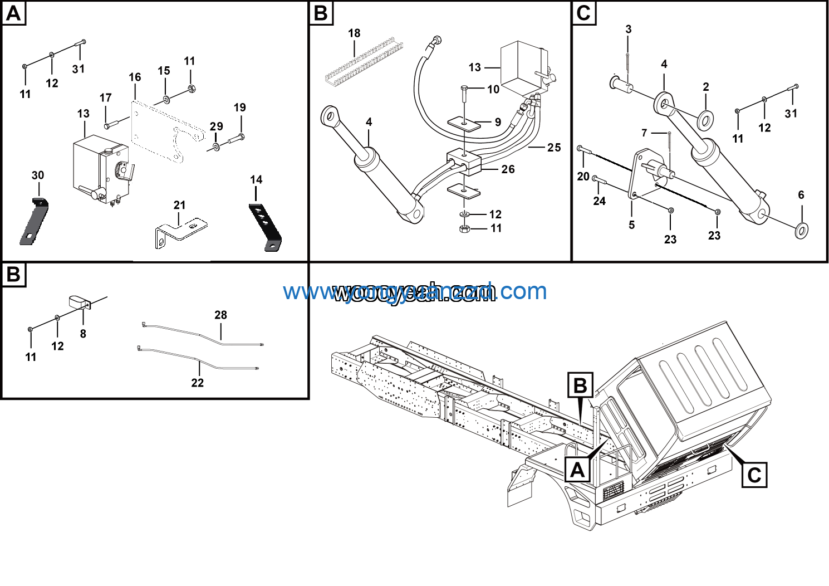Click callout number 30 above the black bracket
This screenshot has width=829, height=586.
38,175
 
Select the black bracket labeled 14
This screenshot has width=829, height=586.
266,227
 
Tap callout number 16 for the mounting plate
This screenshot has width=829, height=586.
135,77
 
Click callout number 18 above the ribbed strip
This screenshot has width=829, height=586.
354,33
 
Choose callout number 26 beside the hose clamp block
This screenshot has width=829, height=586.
508,169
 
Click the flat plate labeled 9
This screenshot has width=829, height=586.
464,123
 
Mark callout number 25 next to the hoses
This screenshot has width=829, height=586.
553,148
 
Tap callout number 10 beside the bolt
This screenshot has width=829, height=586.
493,89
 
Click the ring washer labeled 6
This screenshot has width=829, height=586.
801,229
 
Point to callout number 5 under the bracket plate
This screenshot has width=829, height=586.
631,225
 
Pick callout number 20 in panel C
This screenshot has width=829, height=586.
583,177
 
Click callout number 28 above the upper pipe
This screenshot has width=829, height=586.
220,315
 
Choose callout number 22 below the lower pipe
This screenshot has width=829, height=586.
198,383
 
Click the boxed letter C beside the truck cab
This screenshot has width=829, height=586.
754,476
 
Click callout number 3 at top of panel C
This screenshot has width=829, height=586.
629,30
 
